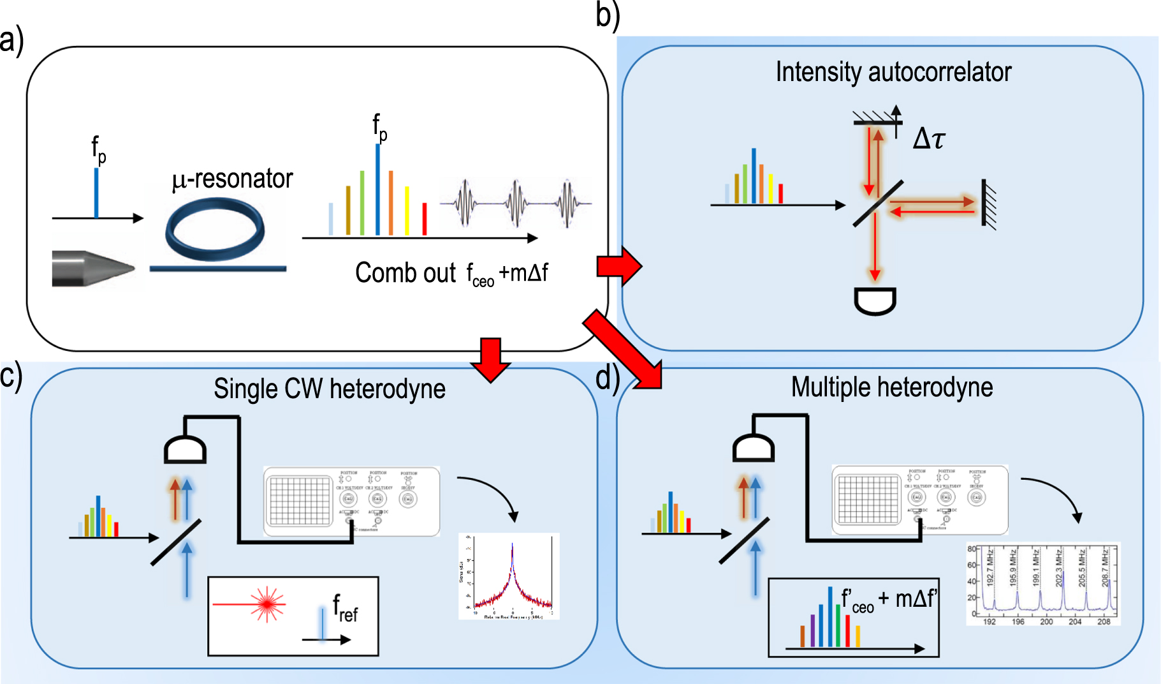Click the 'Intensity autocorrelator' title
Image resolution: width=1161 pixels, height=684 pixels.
click(893, 72)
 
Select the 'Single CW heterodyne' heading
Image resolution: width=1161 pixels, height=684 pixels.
click(330, 389)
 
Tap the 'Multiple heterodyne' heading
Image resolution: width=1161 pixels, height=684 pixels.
click(892, 387)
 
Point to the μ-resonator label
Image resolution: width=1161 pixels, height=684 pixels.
click(233, 179)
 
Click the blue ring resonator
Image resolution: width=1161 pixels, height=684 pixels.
click(215, 230)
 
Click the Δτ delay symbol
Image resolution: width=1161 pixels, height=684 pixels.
click(929, 138)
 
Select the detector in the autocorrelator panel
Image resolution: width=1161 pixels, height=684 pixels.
click(875, 301)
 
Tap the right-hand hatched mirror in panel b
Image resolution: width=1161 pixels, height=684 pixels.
click(988, 204)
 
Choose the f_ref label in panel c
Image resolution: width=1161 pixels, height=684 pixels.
click(345, 608)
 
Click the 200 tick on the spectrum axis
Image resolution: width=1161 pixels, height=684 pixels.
click(1046, 621)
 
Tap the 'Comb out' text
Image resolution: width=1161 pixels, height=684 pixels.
click(405, 273)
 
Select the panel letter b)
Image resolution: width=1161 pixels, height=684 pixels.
click(608, 15)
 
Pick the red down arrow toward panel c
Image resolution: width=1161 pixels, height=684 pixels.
click(490, 359)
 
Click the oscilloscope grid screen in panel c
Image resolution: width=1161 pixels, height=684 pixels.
click(300, 501)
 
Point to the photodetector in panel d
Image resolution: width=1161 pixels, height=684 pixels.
click(753, 447)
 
